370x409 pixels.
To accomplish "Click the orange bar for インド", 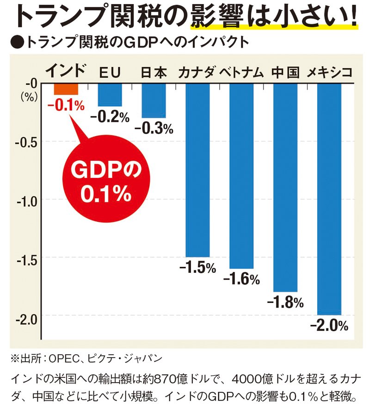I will pos(66,88).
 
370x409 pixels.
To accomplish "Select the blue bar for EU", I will pos(110,94).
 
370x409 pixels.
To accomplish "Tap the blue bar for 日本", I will pos(154,100).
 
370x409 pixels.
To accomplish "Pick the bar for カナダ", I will pos(197,170).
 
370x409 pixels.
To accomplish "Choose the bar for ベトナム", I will pos(241,176).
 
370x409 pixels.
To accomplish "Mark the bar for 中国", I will pos(285,187).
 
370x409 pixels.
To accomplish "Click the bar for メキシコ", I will pos(329,199).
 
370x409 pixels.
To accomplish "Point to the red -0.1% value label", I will pos(66,106).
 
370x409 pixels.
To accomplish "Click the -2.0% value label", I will pos(329,326).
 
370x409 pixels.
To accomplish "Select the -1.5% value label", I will pos(197,267).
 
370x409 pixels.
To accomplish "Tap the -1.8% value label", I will pos(285,302).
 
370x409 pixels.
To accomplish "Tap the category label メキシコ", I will pos(329,72).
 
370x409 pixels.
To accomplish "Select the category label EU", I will pos(110,73).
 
